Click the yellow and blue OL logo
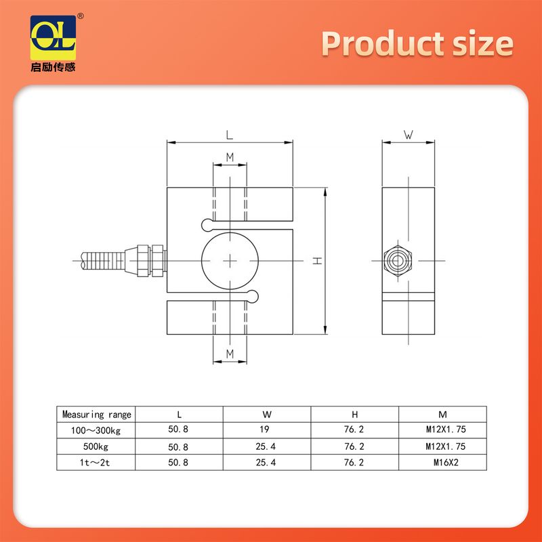point(53,38)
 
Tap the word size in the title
point(483,44)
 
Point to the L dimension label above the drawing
point(230,135)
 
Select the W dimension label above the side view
point(409,134)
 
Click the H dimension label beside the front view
point(317,261)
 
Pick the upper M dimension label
point(230,157)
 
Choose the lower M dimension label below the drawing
point(230,354)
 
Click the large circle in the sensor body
point(201,261)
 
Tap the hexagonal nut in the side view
point(398,261)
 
